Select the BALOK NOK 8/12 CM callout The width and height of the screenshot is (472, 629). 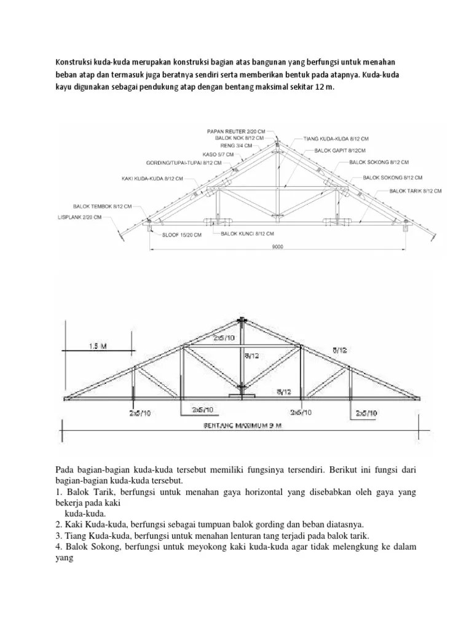coord(243,139)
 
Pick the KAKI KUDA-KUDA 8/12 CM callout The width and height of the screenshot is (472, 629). coord(152,179)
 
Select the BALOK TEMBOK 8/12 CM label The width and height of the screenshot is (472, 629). coord(103,207)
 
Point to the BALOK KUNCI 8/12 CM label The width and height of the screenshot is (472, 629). coord(248,234)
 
